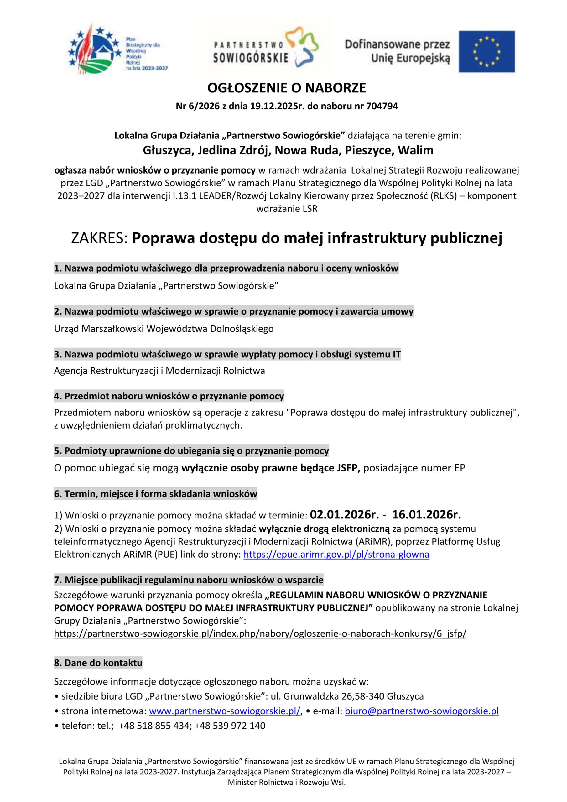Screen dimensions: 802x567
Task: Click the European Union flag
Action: click(486, 51)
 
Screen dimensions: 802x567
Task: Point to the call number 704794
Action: click(382, 106)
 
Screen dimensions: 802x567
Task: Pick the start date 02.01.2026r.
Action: click(344, 514)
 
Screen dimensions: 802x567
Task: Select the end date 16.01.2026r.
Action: click(426, 514)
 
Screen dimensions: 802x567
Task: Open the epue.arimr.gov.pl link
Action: click(336, 554)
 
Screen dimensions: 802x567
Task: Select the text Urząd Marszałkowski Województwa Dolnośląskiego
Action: click(164, 329)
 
